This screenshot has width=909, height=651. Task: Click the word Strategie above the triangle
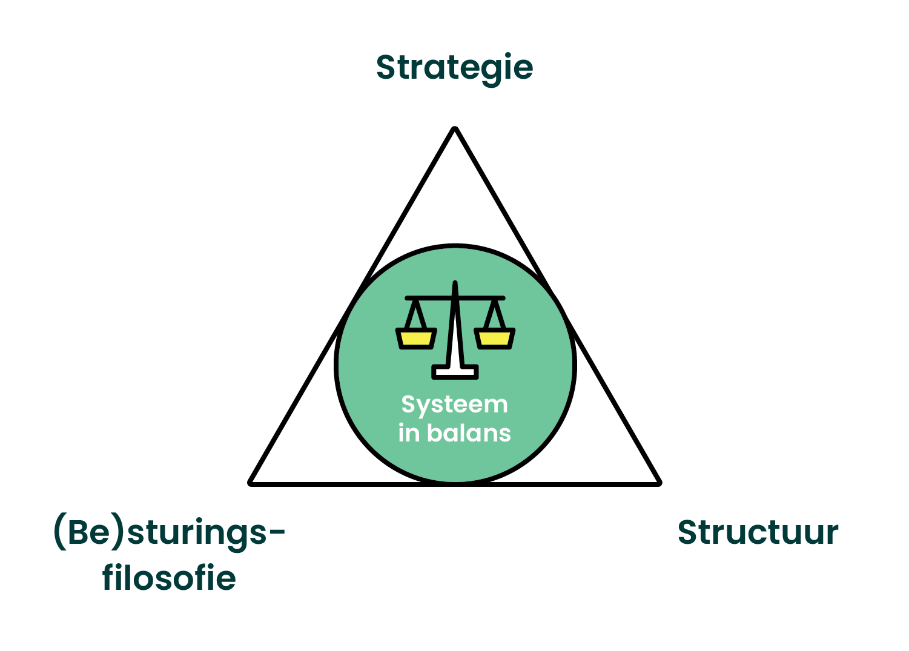coord(454,67)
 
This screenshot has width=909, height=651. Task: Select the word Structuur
coord(758,533)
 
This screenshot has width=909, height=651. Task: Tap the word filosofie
coord(169,578)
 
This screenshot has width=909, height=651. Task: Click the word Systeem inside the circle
coord(454,405)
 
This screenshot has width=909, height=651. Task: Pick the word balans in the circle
coord(469,434)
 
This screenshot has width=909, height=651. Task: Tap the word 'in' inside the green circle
coord(408,434)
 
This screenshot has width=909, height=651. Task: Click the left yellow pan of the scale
coord(416,339)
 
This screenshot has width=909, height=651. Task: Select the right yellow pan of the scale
coord(494,339)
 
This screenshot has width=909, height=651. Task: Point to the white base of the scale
coord(455,372)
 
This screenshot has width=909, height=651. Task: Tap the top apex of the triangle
coord(455,129)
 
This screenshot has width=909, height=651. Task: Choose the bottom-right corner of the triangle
coord(658,482)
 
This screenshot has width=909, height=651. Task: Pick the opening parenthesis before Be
coord(60,532)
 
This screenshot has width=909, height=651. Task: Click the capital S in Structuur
coord(688,533)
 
